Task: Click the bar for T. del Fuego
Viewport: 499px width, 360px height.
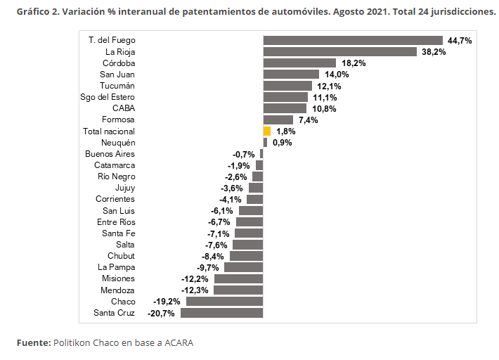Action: [x=353, y=40]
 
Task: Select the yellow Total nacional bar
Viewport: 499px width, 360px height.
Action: [x=267, y=131]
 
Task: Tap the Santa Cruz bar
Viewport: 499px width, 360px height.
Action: [x=222, y=313]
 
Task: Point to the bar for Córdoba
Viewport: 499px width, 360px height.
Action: [x=299, y=63]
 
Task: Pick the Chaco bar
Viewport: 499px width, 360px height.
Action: [x=225, y=302]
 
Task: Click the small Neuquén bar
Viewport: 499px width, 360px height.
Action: [x=265, y=143]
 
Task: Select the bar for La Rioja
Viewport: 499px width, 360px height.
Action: [x=340, y=51]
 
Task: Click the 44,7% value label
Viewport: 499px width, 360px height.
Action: [x=460, y=41]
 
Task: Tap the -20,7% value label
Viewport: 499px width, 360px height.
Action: [x=161, y=314]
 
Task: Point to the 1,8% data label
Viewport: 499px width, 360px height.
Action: [x=286, y=131]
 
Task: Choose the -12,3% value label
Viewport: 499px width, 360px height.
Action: [x=195, y=290]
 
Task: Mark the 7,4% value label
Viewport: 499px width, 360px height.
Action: [x=308, y=120]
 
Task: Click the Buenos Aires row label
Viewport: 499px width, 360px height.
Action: [x=110, y=154]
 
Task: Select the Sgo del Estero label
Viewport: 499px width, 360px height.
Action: [x=108, y=97]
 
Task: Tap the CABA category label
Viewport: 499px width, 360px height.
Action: [x=124, y=108]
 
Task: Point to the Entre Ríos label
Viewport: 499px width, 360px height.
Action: [x=116, y=222]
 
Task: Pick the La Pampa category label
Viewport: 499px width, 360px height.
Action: [x=117, y=267]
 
